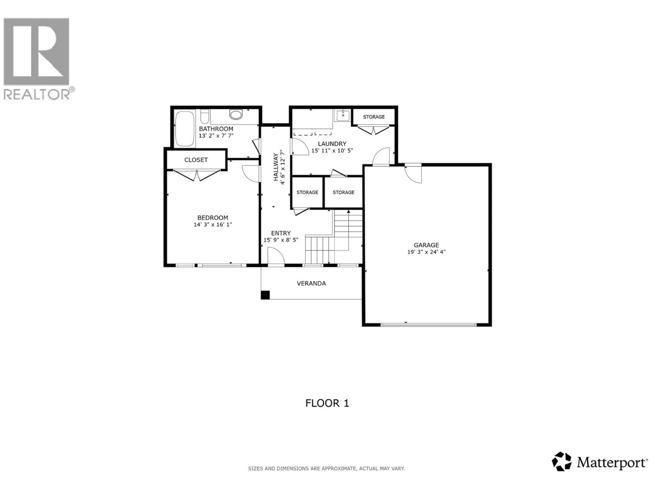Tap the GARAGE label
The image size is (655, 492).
tap(426, 245)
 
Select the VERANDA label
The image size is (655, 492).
tap(311, 283)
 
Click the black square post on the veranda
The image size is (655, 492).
tap(265, 295)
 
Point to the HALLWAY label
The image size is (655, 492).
tap(275, 167)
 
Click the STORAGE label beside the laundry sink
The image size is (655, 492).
tap(374, 117)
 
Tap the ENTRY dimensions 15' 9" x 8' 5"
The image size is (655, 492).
tap(281, 240)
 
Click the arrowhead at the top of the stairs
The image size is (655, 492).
tap(348, 211)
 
